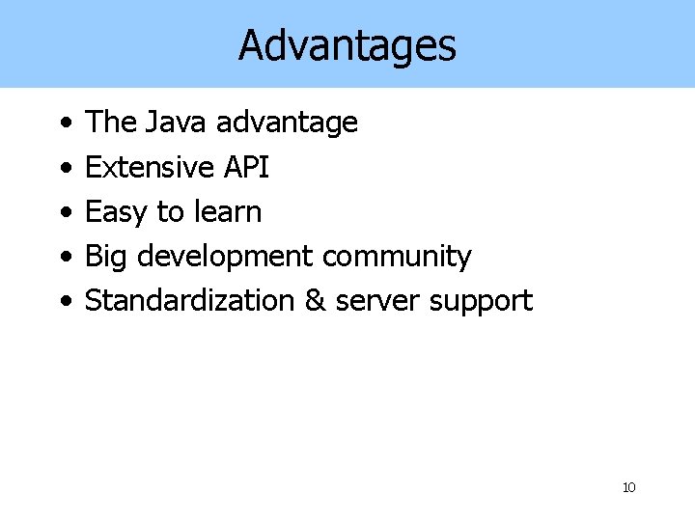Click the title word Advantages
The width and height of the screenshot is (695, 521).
[347, 45]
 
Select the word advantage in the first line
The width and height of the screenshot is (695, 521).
[287, 123]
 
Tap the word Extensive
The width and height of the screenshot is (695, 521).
[150, 167]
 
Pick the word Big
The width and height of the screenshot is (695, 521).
[107, 258]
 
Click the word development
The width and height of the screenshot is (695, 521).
[224, 258]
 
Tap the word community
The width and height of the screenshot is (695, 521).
[397, 258]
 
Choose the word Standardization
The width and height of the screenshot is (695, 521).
[190, 300]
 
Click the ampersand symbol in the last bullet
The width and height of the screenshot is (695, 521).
[315, 300]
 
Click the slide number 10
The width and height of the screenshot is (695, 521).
[628, 487]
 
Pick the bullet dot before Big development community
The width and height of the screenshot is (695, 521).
[63, 258]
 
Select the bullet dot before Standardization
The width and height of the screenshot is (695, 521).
[63, 302]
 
